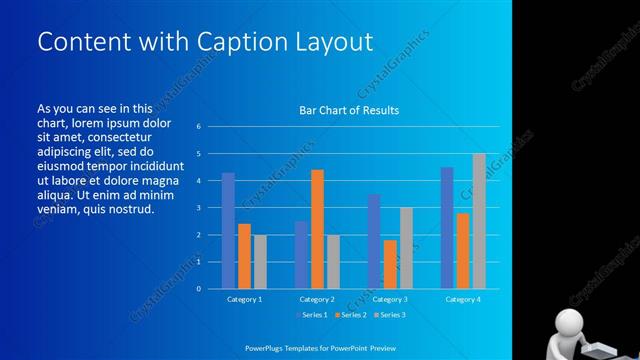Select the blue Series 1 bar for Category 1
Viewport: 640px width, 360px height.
coord(228,231)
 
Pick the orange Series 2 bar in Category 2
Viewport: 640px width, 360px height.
coord(317,229)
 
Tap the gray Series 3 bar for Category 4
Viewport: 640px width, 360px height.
coord(479,221)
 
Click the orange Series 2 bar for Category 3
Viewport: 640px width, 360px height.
coord(390,264)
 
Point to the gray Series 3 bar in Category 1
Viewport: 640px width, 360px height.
coord(260,262)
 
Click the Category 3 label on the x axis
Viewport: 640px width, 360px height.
coord(389,299)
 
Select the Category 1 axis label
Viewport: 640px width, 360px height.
coord(245,299)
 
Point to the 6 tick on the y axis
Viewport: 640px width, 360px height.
coord(200,127)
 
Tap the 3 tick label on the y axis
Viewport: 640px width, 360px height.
coord(200,208)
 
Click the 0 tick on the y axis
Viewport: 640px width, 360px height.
coord(200,289)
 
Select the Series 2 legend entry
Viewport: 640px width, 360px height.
coord(352,315)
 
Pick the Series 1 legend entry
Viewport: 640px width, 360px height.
coord(313,315)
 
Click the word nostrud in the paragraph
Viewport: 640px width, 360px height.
coord(133,209)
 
